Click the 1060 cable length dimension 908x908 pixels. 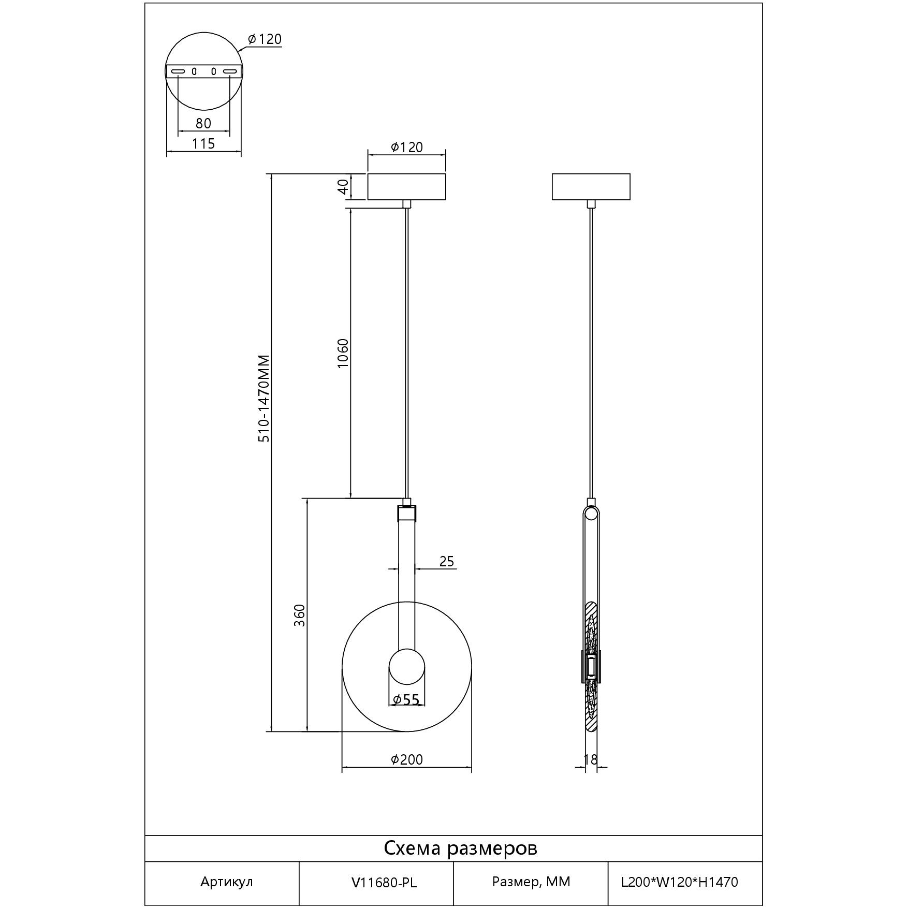(x=343, y=353)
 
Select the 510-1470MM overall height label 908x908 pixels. (x=264, y=399)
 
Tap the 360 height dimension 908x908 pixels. (x=300, y=616)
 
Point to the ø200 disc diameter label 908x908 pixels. (x=406, y=759)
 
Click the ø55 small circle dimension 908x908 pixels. (x=406, y=700)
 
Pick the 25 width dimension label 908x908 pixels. (x=447, y=561)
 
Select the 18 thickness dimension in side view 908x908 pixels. (x=591, y=759)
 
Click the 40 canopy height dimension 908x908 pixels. (x=343, y=186)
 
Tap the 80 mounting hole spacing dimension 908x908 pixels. (x=203, y=123)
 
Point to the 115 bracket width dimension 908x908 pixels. (x=203, y=143)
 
